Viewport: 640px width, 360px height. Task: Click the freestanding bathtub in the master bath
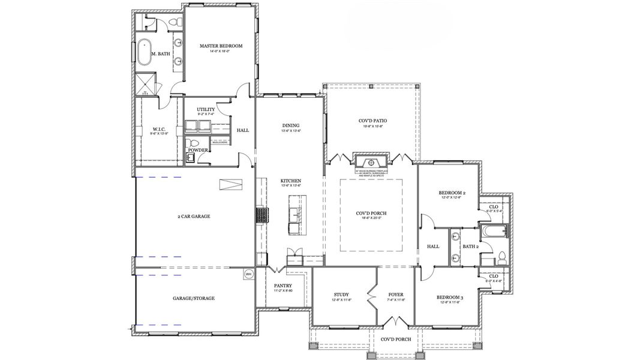pyautogui.click(x=145, y=53)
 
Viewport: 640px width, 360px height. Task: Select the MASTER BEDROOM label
pyautogui.click(x=220, y=46)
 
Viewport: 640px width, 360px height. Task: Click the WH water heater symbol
pyautogui.click(x=248, y=274)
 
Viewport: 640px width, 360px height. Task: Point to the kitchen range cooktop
pyautogui.click(x=262, y=215)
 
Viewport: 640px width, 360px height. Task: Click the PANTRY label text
pyautogui.click(x=283, y=286)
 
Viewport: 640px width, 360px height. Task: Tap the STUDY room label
pyautogui.click(x=341, y=294)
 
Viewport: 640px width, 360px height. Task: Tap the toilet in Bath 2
pyautogui.click(x=501, y=257)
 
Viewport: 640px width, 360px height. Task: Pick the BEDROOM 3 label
pyautogui.click(x=450, y=297)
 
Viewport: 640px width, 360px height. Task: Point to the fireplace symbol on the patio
pyautogui.click(x=372, y=162)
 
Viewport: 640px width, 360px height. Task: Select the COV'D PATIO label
pyautogui.click(x=372, y=121)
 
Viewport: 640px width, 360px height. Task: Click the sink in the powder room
pyautogui.click(x=190, y=158)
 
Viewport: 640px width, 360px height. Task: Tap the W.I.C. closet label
pyautogui.click(x=159, y=129)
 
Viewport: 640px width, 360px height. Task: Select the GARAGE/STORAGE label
pyautogui.click(x=193, y=298)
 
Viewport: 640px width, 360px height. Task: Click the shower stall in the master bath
pyautogui.click(x=145, y=84)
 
